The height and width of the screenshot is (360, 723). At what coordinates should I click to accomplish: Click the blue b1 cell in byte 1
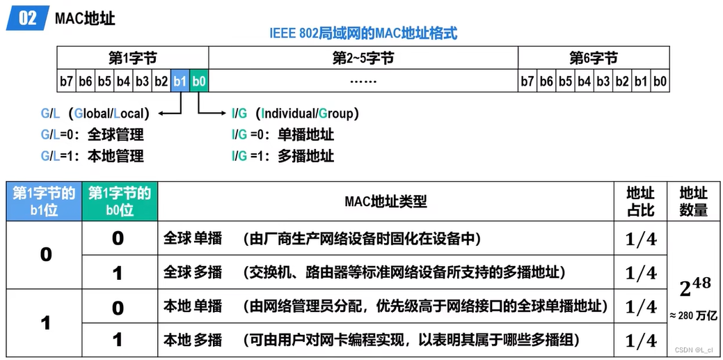tap(180, 81)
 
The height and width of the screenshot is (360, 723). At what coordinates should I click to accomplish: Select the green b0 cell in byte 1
tap(199, 81)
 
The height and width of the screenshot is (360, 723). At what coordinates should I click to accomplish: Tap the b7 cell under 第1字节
tap(66, 81)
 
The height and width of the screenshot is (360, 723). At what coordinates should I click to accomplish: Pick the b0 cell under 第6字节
tap(660, 81)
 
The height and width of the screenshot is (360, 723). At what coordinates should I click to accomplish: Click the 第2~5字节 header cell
tap(363, 58)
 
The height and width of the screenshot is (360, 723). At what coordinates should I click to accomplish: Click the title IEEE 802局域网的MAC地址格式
tap(363, 33)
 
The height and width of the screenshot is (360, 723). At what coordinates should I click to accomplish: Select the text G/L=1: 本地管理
tap(93, 156)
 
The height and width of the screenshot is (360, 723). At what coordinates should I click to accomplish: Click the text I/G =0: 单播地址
tap(283, 135)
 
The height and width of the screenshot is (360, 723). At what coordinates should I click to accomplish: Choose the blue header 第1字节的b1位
tap(44, 201)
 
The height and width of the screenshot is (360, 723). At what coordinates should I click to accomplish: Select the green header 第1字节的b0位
tap(120, 201)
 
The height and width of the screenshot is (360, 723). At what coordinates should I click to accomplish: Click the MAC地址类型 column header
tap(386, 202)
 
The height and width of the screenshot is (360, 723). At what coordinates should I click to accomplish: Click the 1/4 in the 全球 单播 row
tap(641, 239)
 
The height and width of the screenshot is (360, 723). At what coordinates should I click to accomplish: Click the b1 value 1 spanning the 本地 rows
tap(46, 323)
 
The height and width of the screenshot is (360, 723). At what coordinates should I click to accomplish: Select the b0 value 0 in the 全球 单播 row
tap(118, 238)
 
